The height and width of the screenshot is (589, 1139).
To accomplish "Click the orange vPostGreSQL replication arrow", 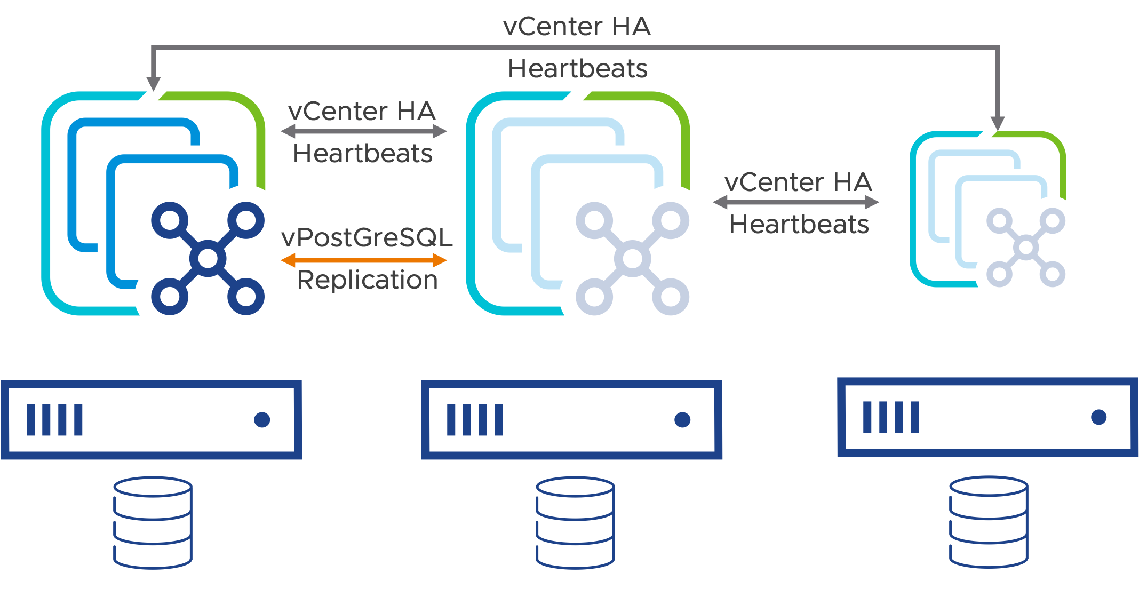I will pyautogui.click(x=364, y=260).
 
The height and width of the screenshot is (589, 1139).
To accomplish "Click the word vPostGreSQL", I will pyautogui.click(x=367, y=237).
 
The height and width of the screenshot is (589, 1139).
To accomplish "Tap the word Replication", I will pyautogui.click(x=368, y=280).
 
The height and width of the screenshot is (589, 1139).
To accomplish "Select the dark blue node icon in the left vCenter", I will pyautogui.click(x=208, y=259).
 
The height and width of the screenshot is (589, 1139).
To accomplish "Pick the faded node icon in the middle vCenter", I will pyautogui.click(x=632, y=259).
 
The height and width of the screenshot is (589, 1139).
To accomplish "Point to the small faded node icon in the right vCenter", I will pyautogui.click(x=1025, y=248).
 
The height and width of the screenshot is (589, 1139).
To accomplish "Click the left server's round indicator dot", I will pyautogui.click(x=262, y=420).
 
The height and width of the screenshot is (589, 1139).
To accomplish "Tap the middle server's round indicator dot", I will pyautogui.click(x=682, y=420).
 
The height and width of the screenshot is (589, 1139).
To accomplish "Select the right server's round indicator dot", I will pyautogui.click(x=1098, y=417).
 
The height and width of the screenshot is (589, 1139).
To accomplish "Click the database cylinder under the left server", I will pyautogui.click(x=153, y=523).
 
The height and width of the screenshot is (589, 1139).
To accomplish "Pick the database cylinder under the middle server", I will pyautogui.click(x=575, y=523).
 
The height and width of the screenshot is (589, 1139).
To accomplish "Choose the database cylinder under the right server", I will pyautogui.click(x=989, y=522).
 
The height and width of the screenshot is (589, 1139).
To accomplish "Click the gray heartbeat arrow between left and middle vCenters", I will pyautogui.click(x=364, y=131).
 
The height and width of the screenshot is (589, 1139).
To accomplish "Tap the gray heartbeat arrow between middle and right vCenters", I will pyautogui.click(x=795, y=202).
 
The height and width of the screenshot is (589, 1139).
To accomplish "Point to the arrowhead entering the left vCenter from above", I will pyautogui.click(x=154, y=84).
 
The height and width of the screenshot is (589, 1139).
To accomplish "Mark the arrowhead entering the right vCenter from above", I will pyautogui.click(x=998, y=123).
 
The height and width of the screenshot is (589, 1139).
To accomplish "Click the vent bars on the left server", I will pyautogui.click(x=54, y=420).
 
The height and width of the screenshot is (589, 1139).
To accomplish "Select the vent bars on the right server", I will pyautogui.click(x=891, y=417).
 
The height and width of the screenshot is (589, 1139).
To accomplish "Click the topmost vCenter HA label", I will pyautogui.click(x=577, y=27).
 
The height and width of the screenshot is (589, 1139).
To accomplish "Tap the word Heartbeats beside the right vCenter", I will pyautogui.click(x=799, y=225).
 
